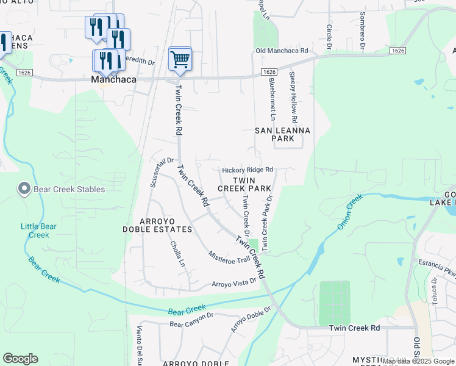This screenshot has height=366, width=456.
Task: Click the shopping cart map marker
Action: tap(180, 59)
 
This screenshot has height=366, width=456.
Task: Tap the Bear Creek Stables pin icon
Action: tap(24, 188)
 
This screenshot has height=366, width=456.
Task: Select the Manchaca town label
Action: tap(113, 79)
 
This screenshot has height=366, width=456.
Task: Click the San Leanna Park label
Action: tap(282, 134)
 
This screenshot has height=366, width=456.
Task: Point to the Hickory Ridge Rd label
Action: tap(247, 170)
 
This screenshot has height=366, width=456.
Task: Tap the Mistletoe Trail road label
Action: tap(229, 256)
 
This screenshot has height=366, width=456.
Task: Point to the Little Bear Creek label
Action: tap(39, 231)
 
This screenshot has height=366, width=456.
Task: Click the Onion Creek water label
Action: tap(349, 211)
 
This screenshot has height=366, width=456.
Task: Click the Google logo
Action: tap(21, 359)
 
